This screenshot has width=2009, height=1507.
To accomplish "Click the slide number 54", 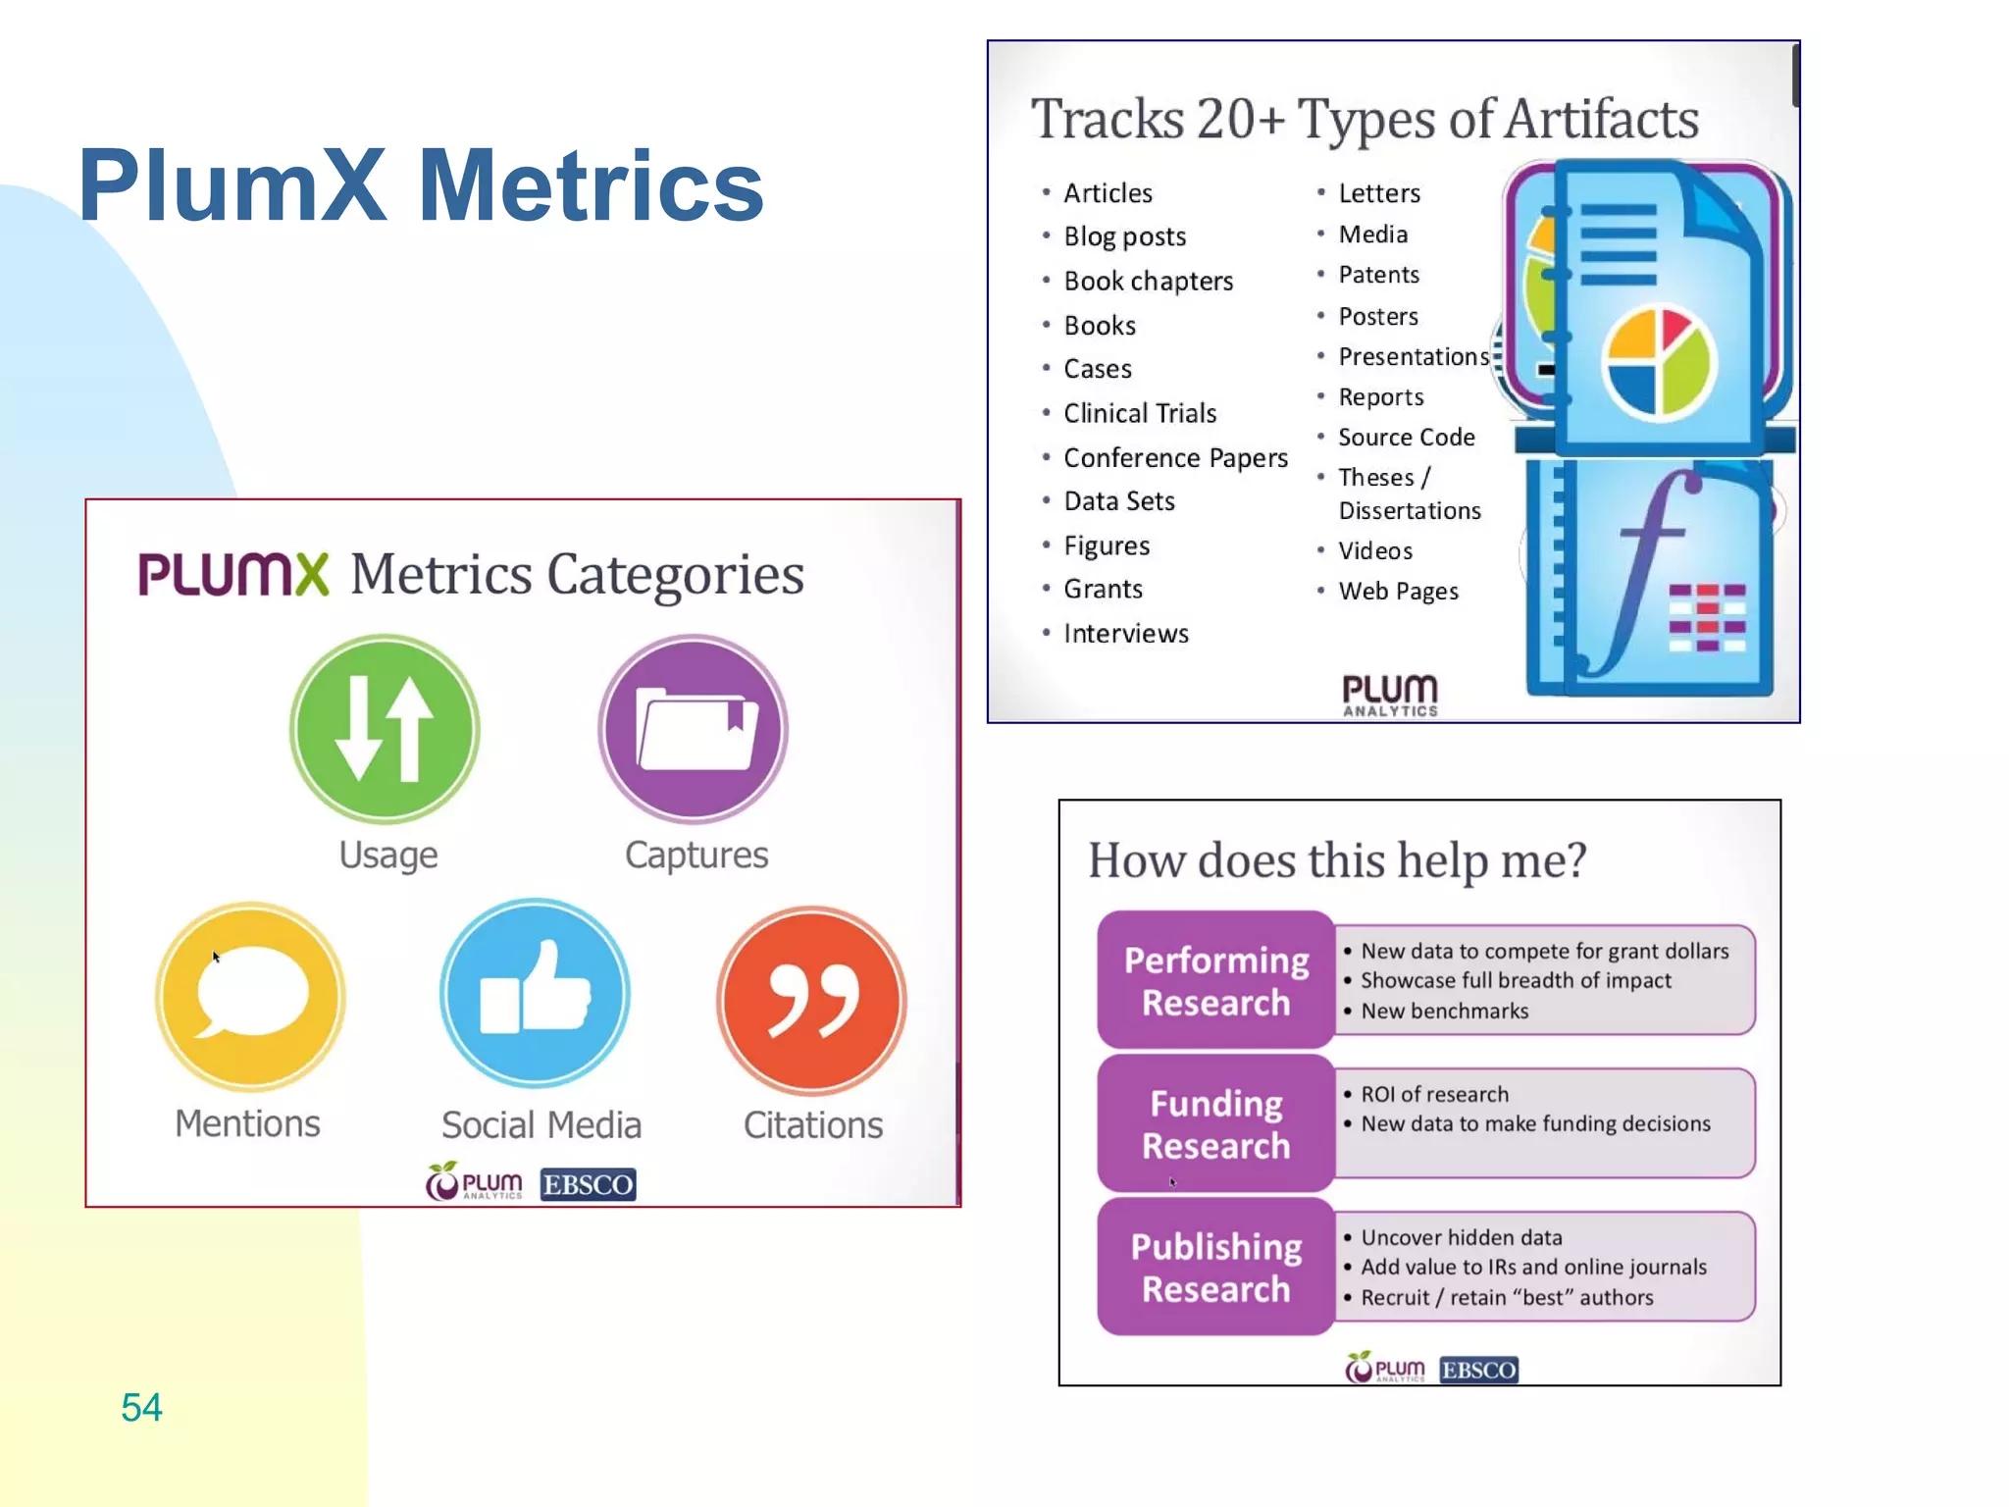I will click(141, 1407).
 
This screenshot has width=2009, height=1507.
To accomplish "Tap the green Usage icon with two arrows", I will click(385, 729).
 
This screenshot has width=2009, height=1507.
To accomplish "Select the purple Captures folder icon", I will click(694, 729).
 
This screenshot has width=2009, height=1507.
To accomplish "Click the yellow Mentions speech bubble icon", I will click(250, 996).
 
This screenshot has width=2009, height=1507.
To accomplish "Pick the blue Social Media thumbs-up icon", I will click(536, 993).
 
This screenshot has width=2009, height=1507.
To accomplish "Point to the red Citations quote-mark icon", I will click(811, 1000).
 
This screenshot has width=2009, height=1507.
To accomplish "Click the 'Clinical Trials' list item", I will click(1140, 413).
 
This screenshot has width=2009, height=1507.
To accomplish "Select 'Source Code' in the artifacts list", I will click(1406, 437).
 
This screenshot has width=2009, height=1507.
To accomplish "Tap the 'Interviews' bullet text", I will click(1126, 634).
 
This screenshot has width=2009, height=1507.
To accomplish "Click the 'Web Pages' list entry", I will click(1398, 591).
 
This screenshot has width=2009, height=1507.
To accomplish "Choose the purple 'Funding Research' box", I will click(1215, 1124).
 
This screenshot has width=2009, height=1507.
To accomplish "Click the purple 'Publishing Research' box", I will click(1215, 1267).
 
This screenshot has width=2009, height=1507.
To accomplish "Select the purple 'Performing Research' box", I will click(1215, 981).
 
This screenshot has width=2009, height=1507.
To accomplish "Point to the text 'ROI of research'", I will click(1434, 1094).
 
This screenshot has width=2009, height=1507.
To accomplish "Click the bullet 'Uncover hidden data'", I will click(1461, 1237).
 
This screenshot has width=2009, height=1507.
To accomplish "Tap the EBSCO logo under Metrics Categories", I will click(588, 1184).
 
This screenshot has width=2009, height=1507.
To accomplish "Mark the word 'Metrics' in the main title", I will click(592, 185).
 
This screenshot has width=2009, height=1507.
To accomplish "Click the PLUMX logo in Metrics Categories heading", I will click(233, 574).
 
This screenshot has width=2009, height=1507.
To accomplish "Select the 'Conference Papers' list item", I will click(1175, 457).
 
